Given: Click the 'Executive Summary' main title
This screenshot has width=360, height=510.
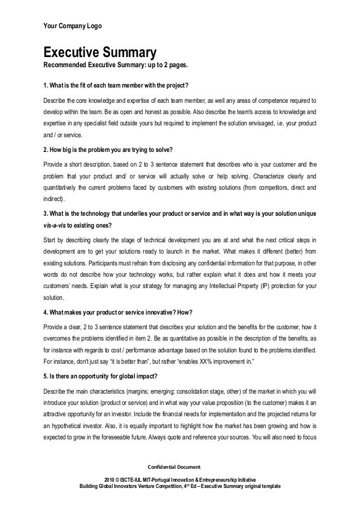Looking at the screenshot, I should click(96, 54).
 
